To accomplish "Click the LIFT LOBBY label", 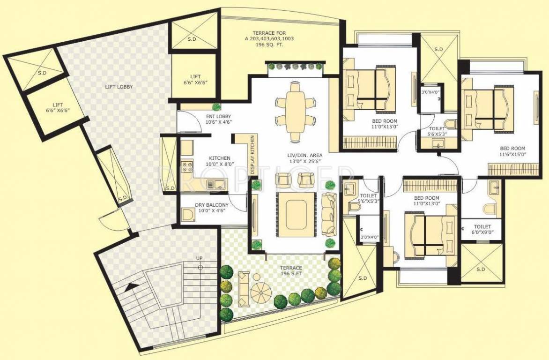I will (x=119, y=87).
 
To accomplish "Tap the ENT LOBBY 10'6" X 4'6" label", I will (x=218, y=119).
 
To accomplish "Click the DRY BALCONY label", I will (x=212, y=208).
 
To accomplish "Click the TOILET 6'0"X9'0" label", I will (x=482, y=229).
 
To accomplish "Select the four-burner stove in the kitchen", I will (x=187, y=166).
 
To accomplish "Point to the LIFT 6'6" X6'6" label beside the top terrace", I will (x=195, y=79).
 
